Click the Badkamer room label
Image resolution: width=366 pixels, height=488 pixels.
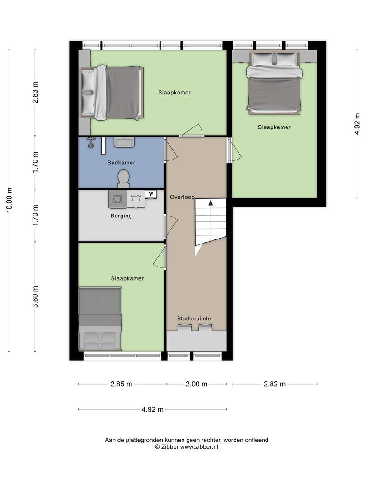coord(121,163)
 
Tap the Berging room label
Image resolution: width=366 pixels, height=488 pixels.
coord(121,216)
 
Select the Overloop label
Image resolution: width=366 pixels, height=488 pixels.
coord(182,197)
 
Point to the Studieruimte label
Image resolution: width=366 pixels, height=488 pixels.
coord(194,319)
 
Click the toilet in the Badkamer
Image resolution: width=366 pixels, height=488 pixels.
coord(123,179)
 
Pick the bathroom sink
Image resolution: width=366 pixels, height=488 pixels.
coord(124,142)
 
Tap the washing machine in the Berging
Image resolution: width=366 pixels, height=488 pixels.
coord(117,199)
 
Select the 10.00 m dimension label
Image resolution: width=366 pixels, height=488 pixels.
coord(9,201)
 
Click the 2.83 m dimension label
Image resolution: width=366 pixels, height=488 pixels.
coord(35,93)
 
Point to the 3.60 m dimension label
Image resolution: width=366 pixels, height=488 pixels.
coord(35,296)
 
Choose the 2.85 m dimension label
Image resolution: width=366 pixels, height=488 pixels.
coord(122,384)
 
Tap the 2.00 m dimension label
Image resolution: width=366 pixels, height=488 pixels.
coord(197,384)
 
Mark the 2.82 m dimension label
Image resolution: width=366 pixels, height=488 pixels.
coord(275,384)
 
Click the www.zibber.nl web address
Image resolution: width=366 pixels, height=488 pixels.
coord(199,446)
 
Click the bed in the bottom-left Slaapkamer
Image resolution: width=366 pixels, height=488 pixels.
coord(100,319)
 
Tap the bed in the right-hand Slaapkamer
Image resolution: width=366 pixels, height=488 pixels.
coord(274,82)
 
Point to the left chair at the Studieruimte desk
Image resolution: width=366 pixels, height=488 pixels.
coord(184,328)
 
